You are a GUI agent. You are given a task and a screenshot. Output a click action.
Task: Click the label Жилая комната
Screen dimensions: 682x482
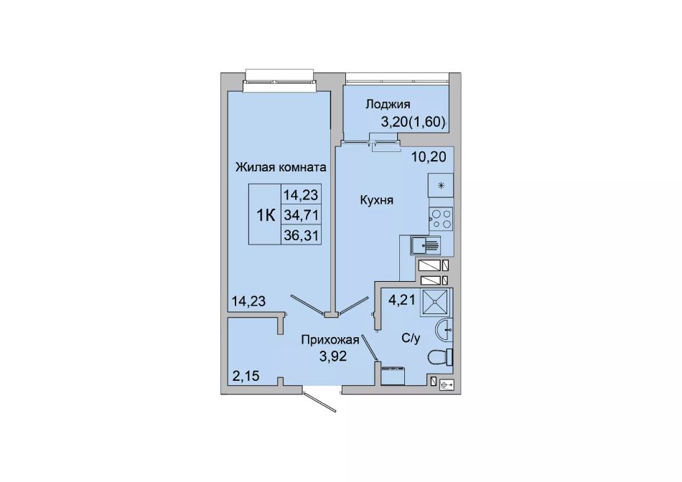tap(281, 167)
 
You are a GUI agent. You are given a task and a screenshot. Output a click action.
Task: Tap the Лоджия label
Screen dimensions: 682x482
tap(388, 104)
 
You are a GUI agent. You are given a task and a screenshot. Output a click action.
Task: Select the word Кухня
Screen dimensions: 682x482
tap(376, 200)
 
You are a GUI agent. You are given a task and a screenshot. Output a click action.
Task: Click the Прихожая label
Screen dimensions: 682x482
tap(330, 339)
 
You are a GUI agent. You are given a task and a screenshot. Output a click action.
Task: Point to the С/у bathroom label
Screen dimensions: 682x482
tap(411, 338)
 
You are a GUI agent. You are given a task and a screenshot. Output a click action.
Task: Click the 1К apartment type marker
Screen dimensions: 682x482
tap(266, 214)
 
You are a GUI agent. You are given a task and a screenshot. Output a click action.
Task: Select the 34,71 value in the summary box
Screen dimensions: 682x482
tap(301, 214)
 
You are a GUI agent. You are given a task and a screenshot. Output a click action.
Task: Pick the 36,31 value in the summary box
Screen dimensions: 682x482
tap(301, 235)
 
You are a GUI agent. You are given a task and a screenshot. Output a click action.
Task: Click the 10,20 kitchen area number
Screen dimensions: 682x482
tap(429, 156)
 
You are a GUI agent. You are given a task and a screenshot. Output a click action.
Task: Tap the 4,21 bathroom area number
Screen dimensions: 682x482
tap(402, 300)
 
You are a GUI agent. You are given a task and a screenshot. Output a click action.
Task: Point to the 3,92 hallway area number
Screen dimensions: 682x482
tap(332, 356)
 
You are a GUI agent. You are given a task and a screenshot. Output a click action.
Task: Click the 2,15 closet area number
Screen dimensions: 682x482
tap(246, 376)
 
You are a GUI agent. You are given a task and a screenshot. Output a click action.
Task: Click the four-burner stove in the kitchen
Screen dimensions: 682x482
tap(441, 218)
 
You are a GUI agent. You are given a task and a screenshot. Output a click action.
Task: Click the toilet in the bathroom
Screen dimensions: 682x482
tap(441, 358)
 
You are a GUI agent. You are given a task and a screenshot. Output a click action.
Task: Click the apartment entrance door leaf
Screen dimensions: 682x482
tap(321, 402)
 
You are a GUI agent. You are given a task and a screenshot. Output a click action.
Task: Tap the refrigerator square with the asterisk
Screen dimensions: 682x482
tap(441, 186)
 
